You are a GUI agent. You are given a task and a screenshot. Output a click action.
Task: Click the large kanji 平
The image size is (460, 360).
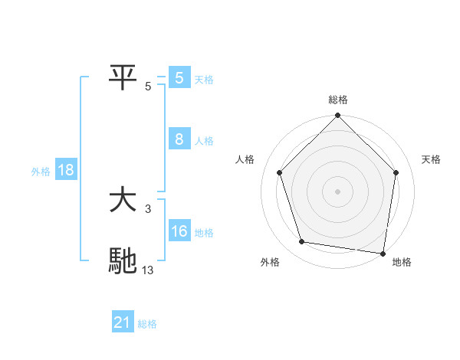[x=123, y=77]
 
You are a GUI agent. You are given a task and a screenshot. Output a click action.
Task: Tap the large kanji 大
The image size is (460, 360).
[x=123, y=201]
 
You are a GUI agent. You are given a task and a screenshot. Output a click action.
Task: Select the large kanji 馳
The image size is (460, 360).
[x=123, y=260]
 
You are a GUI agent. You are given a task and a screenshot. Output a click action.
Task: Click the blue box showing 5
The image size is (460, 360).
[x=179, y=78]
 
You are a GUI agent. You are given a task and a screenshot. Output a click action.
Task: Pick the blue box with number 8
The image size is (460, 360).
[x=179, y=139]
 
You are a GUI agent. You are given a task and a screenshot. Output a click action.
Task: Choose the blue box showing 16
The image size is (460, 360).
[x=179, y=231]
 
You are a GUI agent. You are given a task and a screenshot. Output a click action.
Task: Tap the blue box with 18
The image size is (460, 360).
[x=65, y=170]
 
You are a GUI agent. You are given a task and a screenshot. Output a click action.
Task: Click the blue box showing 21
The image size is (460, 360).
[x=123, y=322]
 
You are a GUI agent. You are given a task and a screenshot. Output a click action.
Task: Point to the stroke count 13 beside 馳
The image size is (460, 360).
[x=148, y=269]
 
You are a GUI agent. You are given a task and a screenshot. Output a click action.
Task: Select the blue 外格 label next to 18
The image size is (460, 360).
[x=41, y=172]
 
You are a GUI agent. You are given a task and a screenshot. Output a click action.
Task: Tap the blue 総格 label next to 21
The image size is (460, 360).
[x=147, y=324]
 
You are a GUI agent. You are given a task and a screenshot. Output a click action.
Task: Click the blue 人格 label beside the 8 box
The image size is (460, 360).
[x=204, y=141]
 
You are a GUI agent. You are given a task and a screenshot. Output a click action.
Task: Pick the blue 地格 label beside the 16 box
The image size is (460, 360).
[x=204, y=233]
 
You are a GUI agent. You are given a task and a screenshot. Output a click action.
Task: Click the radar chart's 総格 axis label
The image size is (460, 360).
[x=338, y=100]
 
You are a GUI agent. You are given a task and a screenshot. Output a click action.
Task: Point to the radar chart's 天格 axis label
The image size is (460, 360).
[x=432, y=159]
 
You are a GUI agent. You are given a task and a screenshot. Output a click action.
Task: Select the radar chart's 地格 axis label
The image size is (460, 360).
[x=402, y=262]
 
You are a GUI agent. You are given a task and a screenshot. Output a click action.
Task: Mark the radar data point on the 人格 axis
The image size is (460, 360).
[x=279, y=172]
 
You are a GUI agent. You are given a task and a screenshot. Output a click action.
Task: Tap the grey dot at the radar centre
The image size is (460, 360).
[x=338, y=191]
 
